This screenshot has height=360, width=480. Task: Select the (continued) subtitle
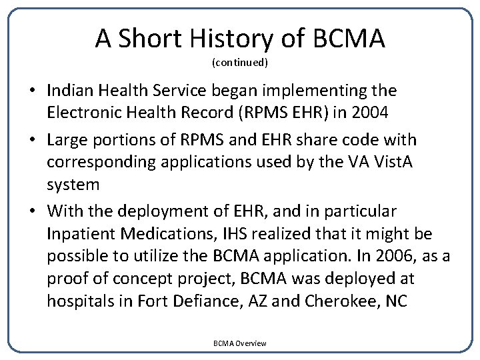tap(240, 63)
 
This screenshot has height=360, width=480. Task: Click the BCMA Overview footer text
tap(240, 343)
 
